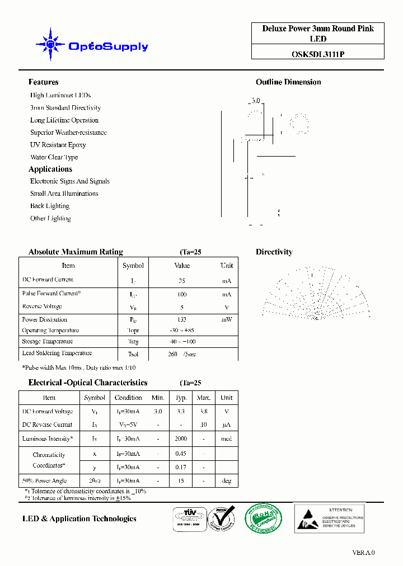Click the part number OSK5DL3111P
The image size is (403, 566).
(x=317, y=54)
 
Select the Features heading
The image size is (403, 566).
(x=43, y=82)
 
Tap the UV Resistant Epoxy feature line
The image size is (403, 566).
(x=58, y=145)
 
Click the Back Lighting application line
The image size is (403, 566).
(x=50, y=206)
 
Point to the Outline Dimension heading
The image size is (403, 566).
(x=288, y=82)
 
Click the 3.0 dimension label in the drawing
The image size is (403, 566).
(x=255, y=101)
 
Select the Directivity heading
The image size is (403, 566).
(x=274, y=252)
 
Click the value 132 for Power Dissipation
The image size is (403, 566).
(x=182, y=320)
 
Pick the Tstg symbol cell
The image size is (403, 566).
(x=133, y=342)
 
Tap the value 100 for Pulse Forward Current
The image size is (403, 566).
(x=182, y=294)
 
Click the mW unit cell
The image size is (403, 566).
(x=226, y=320)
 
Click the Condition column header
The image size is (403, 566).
(x=128, y=398)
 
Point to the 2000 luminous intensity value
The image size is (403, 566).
(x=181, y=439)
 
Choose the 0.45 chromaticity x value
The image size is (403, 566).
(x=181, y=454)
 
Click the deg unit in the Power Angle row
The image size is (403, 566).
(x=226, y=481)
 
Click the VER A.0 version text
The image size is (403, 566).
(x=363, y=553)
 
